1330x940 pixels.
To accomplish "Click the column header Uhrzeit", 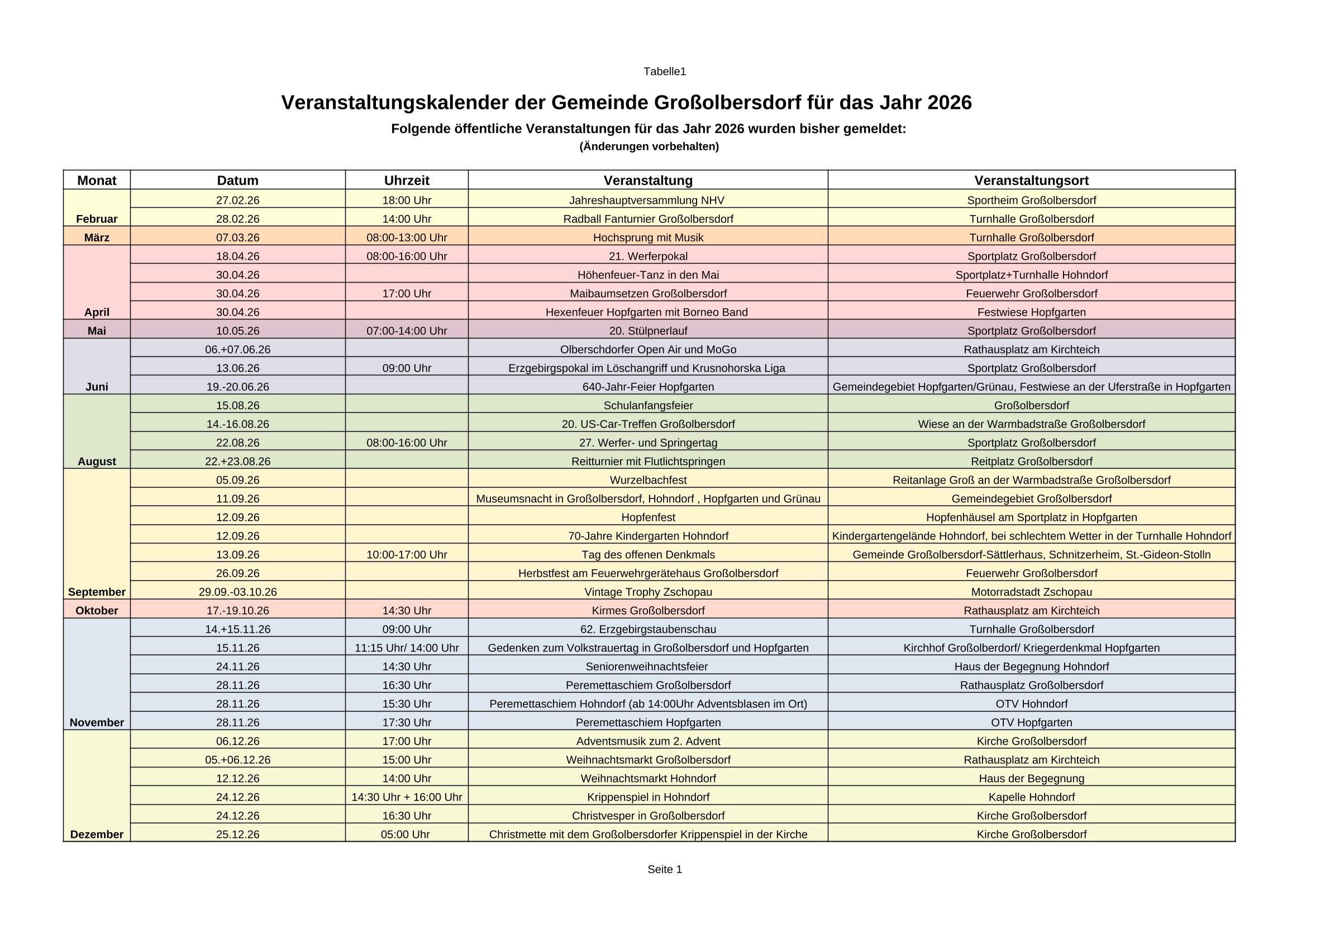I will (407, 180).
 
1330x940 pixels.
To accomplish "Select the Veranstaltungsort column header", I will (1031, 180).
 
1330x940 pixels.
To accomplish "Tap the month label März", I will (97, 237).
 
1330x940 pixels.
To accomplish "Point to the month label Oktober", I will (97, 610).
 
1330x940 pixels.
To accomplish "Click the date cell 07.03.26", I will (237, 237).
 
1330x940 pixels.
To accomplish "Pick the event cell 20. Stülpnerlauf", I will (648, 331).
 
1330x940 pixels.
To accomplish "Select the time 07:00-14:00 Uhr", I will (407, 331).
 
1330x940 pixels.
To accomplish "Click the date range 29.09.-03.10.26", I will (237, 592).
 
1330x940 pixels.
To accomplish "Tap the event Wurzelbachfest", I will (648, 480).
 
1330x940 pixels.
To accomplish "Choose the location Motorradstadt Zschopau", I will (1031, 592).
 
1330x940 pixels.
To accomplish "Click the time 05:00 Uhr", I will (405, 834).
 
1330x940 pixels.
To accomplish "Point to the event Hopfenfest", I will (648, 517).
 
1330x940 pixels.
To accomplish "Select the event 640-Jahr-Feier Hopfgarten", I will (648, 387).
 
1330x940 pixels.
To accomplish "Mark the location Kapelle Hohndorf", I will (1031, 797).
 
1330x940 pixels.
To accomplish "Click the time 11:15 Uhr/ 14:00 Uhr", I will (407, 648).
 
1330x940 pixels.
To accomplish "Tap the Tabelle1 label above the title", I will (664, 71).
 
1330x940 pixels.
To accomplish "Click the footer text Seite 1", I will (664, 869).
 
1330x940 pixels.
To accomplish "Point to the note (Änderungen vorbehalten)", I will (649, 146).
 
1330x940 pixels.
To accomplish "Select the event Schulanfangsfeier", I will (648, 405).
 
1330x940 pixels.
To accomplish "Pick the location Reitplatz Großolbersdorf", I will (1031, 461).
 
